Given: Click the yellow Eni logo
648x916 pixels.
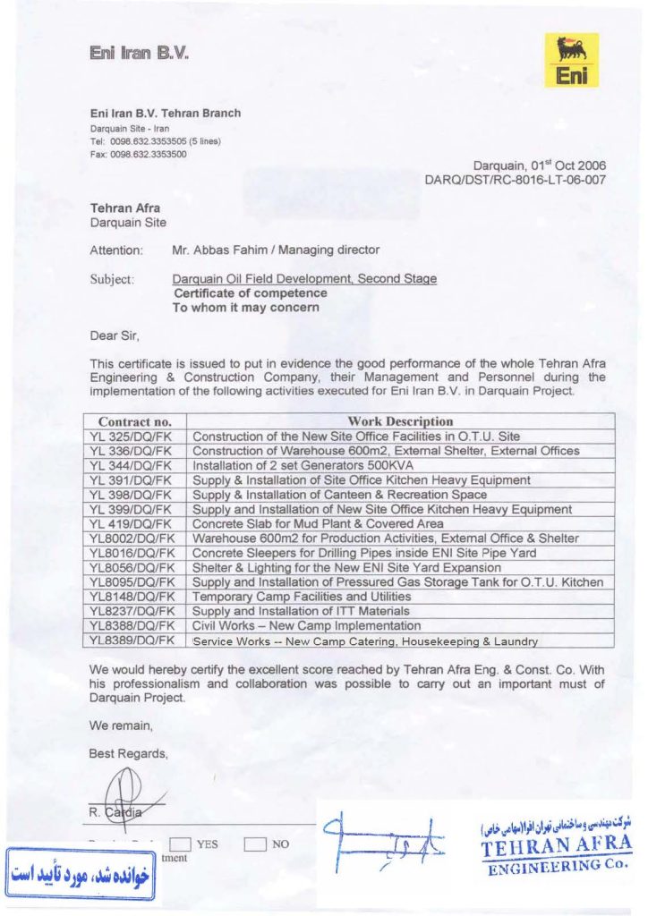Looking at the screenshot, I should click(572, 61).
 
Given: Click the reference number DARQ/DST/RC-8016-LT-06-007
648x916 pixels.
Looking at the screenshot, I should click(516, 180).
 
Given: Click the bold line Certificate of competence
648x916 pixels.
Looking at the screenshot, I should click(250, 293).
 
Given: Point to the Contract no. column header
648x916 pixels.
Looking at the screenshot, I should click(134, 421).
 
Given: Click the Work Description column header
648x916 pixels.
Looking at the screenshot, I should click(400, 421).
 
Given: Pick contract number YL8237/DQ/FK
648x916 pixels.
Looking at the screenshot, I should click(131, 612).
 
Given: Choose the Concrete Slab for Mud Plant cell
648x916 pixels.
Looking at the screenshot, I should click(318, 524).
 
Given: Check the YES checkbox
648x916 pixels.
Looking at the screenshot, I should click(181, 843).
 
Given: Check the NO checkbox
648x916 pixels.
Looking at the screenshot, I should click(255, 843).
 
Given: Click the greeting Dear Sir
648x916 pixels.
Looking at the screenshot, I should click(115, 336).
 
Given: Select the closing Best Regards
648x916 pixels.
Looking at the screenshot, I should click(128, 753).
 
